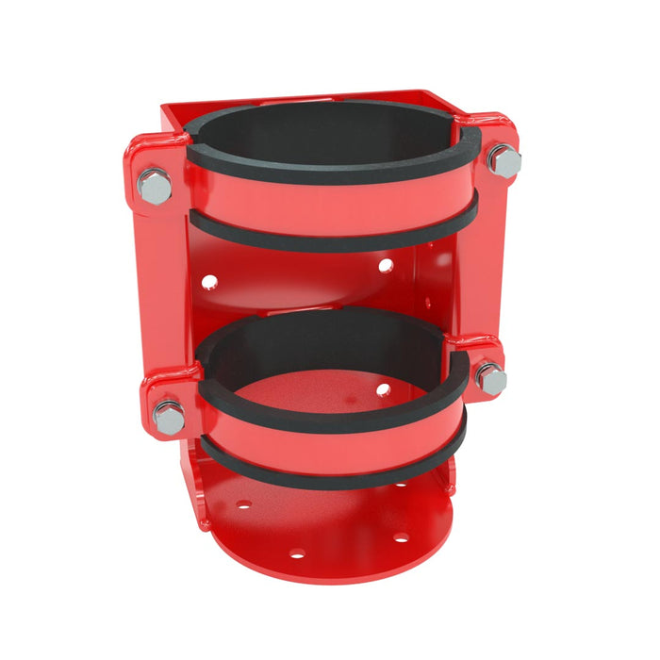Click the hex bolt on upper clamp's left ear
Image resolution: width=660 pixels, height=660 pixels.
(154, 186)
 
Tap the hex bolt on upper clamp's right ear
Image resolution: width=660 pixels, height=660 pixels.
(504, 162)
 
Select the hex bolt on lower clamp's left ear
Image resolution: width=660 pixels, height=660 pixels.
(169, 417)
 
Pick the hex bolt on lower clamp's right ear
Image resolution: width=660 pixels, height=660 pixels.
(490, 378)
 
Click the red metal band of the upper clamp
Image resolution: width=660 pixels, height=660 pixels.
(330, 209)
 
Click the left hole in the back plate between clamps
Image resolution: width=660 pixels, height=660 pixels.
(209, 280)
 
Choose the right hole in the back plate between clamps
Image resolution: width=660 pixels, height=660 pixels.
(386, 266)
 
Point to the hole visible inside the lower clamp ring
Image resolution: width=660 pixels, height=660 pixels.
(384, 389)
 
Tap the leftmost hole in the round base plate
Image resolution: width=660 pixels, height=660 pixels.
(243, 504)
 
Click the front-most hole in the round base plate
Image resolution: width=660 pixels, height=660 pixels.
(296, 553)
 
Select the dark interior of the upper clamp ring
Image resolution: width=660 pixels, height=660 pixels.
(330, 127)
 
